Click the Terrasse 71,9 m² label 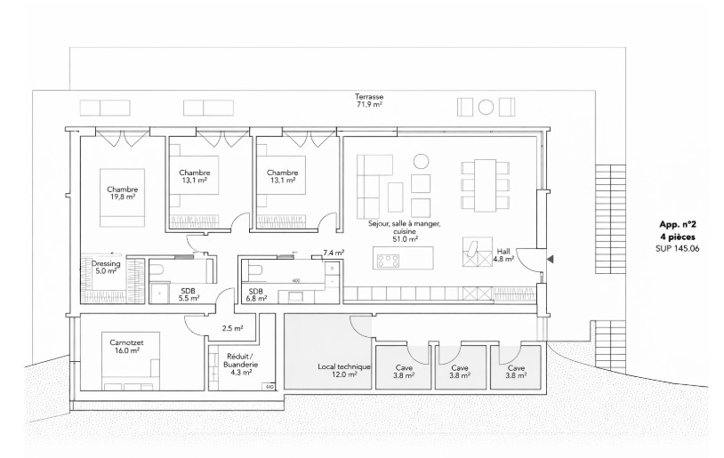[x=368, y=100]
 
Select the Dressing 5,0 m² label [x=106, y=267]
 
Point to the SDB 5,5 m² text [x=188, y=295]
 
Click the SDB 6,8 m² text [x=256, y=295]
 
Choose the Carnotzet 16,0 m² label [x=127, y=346]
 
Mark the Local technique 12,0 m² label [x=337, y=371]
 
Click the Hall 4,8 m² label [x=503, y=255]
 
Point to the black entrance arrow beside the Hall [x=551, y=259]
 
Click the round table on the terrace [x=486, y=108]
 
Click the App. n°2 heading [x=677, y=226]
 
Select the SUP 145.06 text [x=677, y=250]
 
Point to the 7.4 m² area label [x=333, y=253]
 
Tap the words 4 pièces [x=677, y=238]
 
